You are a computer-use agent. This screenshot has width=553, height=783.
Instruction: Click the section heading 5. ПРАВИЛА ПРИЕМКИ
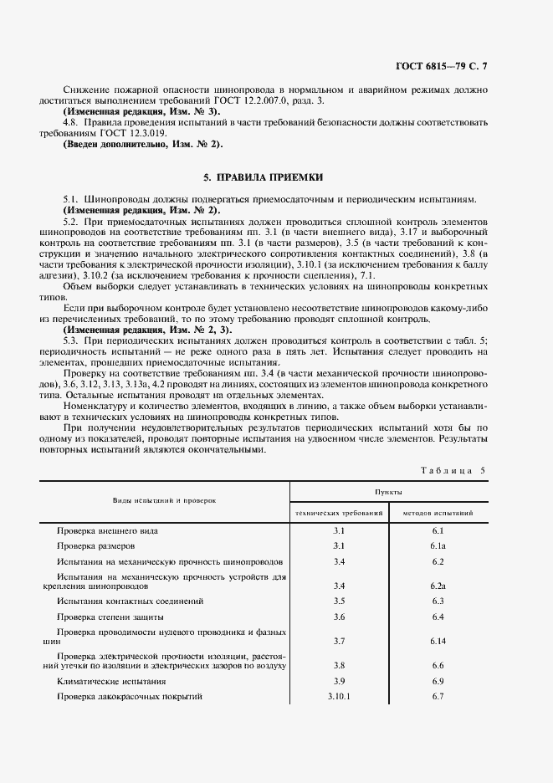(263, 178)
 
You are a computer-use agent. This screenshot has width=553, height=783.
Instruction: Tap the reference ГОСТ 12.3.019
(133, 133)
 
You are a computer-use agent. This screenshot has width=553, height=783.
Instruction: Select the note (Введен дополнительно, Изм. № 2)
(142, 144)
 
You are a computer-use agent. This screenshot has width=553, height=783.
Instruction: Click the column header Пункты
(389, 494)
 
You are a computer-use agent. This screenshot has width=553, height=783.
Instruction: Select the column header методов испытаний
(438, 512)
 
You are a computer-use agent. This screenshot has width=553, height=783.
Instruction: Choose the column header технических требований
(339, 512)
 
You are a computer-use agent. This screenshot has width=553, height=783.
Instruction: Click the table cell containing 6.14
(437, 640)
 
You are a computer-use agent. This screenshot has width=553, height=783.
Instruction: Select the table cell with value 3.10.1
(339, 696)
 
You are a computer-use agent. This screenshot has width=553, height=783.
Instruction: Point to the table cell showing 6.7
(437, 696)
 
